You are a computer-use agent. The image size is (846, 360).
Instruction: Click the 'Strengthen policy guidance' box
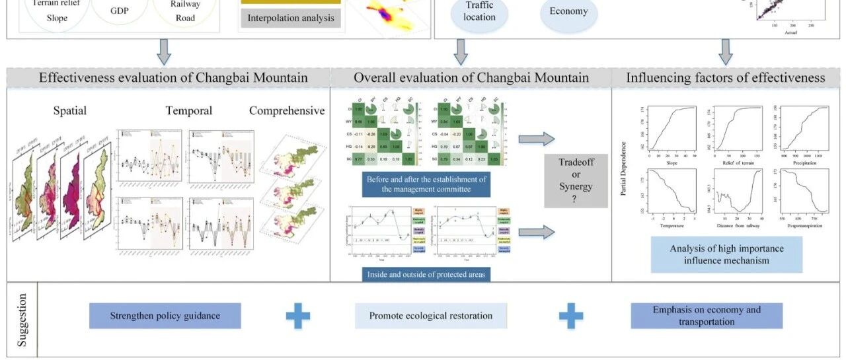tap(165, 316)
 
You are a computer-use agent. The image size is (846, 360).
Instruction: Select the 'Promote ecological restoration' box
tap(431, 316)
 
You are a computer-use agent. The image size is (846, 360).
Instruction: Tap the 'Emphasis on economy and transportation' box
tap(707, 316)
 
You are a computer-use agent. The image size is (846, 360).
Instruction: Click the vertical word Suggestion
tap(22, 320)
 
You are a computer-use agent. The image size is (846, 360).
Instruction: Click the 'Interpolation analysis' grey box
tap(291, 18)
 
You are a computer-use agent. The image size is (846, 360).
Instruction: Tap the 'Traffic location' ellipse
tap(479, 12)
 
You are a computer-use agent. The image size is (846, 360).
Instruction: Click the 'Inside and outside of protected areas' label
tap(426, 274)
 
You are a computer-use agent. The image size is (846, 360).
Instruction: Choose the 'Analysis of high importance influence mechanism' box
tap(726, 254)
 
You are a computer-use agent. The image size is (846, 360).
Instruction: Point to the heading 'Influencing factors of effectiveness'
tap(726, 78)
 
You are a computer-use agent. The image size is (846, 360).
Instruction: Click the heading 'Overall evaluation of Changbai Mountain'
tap(471, 78)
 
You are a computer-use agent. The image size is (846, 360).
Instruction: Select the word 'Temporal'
tap(189, 111)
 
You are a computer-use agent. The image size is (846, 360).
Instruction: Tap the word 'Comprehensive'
tap(287, 111)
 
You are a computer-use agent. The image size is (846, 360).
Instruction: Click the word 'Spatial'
tap(69, 111)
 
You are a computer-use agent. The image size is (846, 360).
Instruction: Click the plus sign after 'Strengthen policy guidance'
tap(298, 316)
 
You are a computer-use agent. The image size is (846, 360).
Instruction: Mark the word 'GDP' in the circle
tap(120, 11)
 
